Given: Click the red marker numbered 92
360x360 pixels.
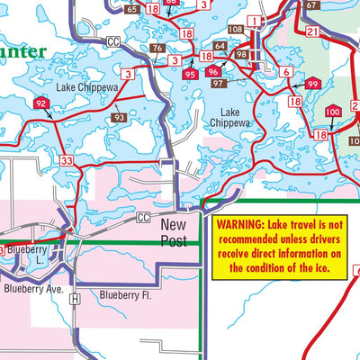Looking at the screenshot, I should [x=41, y=104].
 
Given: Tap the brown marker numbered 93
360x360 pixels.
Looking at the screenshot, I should [x=120, y=117].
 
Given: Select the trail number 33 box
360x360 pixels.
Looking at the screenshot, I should [x=67, y=160].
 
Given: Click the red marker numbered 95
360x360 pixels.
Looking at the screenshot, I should [x=189, y=75].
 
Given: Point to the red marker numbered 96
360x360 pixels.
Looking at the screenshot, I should [x=212, y=72].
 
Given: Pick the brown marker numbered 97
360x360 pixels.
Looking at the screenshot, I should [x=218, y=84].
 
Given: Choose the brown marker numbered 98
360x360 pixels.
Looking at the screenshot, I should [x=241, y=55].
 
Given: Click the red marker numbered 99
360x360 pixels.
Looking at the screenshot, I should [x=312, y=84].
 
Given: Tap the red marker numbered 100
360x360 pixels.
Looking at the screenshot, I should [x=332, y=112].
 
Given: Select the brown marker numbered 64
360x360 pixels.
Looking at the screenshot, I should [x=220, y=45].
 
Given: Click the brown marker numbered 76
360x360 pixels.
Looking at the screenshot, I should [x=157, y=49].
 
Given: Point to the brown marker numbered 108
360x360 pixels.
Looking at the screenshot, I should [x=236, y=30].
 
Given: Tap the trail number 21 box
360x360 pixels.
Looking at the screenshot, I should [x=312, y=32].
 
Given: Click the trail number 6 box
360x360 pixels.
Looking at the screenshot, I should [x=285, y=72].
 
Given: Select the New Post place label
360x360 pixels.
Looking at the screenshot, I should [x=175, y=232].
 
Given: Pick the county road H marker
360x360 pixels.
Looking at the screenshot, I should [x=76, y=298].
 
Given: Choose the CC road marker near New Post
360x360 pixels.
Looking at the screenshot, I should [x=143, y=218].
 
